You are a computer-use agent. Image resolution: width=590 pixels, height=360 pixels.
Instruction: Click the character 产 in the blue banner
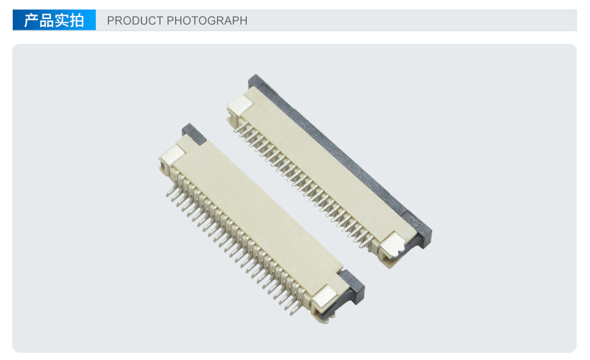[x=31, y=20]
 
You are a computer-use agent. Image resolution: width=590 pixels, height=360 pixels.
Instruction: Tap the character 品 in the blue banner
[x=46, y=20]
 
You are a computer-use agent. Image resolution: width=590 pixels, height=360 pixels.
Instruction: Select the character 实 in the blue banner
[x=62, y=20]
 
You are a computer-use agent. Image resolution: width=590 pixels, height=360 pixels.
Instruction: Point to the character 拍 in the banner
[x=76, y=20]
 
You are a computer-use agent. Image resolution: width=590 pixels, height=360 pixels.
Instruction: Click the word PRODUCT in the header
[x=135, y=21]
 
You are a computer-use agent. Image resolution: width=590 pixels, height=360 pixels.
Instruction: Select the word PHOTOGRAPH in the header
[x=207, y=21]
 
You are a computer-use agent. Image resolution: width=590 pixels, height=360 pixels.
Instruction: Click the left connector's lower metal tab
[x=325, y=296]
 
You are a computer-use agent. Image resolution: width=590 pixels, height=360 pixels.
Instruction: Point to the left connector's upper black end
[x=193, y=134]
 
